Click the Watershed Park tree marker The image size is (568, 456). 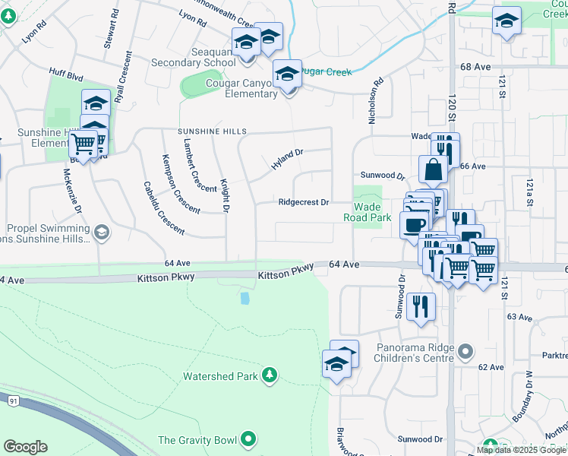tap(268, 375)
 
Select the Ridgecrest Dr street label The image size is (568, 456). tap(303, 202)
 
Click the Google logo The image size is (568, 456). tap(25, 447)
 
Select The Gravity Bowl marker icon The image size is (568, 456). tap(248, 439)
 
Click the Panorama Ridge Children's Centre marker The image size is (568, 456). tap(466, 351)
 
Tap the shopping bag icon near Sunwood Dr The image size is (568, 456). tap(432, 169)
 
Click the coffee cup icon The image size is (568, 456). tap(414, 225)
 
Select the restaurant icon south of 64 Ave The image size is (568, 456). tap(421, 306)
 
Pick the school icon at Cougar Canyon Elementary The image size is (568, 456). tap(287, 74)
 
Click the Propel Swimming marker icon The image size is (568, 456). tap(101, 233)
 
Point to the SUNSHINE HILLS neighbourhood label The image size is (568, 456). tap(212, 131)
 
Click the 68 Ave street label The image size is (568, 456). tap(475, 67)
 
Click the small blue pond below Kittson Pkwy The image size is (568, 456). tap(245, 299)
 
